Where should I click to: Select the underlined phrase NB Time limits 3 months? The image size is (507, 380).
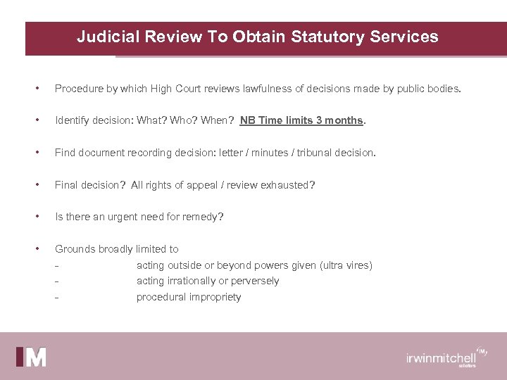point(301,120)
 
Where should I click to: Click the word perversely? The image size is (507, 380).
point(252,281)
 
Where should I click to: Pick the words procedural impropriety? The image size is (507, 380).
point(189,297)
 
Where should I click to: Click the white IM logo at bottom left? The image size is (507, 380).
point(32,357)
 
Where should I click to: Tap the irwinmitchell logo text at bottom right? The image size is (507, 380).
point(442,357)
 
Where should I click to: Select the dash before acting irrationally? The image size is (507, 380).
point(56,281)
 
